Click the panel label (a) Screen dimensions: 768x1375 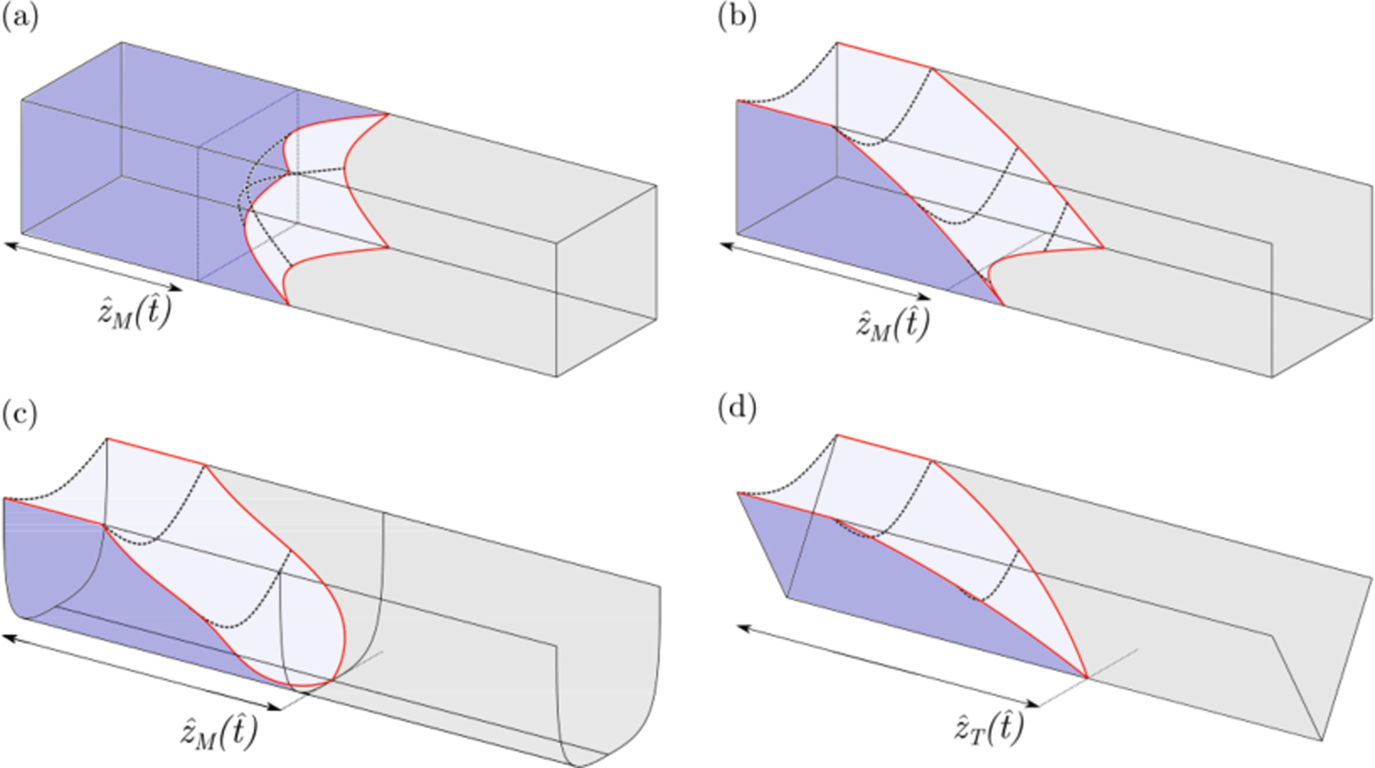20,17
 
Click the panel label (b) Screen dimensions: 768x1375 737,17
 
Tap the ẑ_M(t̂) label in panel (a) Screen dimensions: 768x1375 135,313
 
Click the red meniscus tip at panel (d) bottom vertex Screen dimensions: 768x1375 1087,677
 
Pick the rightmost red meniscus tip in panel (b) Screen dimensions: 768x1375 1104,247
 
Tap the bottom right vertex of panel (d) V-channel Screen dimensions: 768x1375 1321,740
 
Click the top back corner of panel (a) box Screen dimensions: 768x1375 122,43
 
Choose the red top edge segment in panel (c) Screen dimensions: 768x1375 156,451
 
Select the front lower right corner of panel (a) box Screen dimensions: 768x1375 556,376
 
